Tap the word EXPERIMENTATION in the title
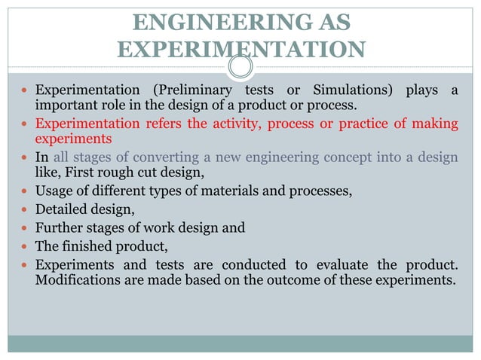[242, 50]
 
